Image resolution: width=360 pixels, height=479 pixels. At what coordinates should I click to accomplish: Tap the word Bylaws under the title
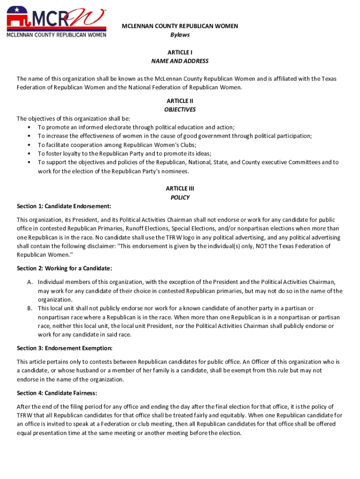point(180,35)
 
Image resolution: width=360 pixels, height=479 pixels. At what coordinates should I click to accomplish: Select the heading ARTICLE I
point(180,52)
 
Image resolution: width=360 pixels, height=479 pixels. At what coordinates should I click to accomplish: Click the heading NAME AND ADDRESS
point(180,61)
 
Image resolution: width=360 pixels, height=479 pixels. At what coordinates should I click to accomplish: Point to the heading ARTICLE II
point(180,101)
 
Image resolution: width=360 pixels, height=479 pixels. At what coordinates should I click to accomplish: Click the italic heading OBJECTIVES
point(180,110)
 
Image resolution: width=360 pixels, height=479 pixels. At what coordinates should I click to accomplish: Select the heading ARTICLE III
point(180,189)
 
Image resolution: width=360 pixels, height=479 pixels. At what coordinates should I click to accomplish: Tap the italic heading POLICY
point(180,197)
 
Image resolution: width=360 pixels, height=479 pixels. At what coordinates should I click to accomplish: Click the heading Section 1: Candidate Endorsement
point(64,206)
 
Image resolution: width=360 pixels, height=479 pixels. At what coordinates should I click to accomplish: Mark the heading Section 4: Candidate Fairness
point(57,393)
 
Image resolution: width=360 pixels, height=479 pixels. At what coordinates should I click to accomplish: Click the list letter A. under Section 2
point(29,282)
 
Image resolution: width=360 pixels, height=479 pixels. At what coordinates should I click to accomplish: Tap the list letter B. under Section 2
point(29,309)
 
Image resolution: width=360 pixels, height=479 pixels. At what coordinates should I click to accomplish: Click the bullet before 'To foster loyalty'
point(30,154)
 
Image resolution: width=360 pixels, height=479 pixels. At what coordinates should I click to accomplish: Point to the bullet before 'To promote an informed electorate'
point(30,127)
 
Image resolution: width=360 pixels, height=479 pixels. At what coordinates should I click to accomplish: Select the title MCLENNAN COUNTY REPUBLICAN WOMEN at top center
point(180,26)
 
